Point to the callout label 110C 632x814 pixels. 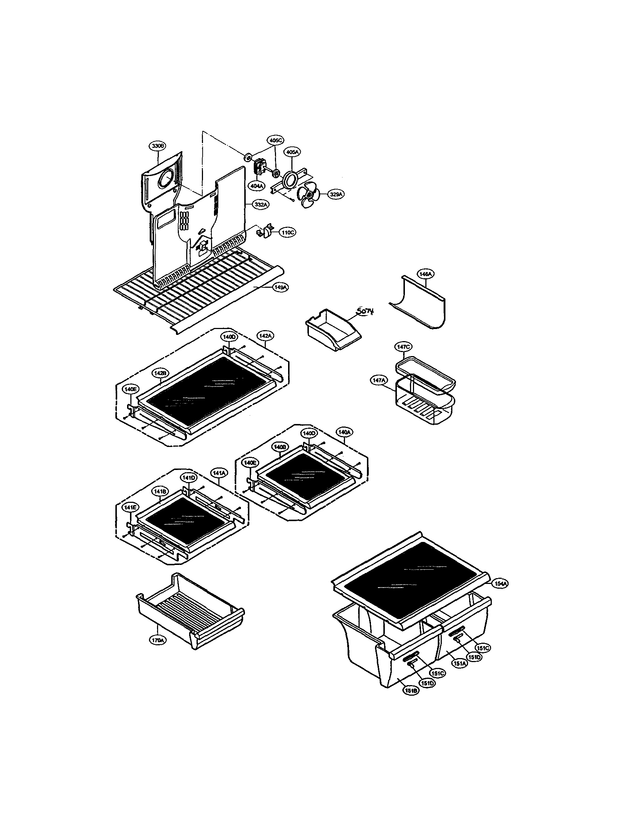point(287,233)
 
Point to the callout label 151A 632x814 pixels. point(459,664)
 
